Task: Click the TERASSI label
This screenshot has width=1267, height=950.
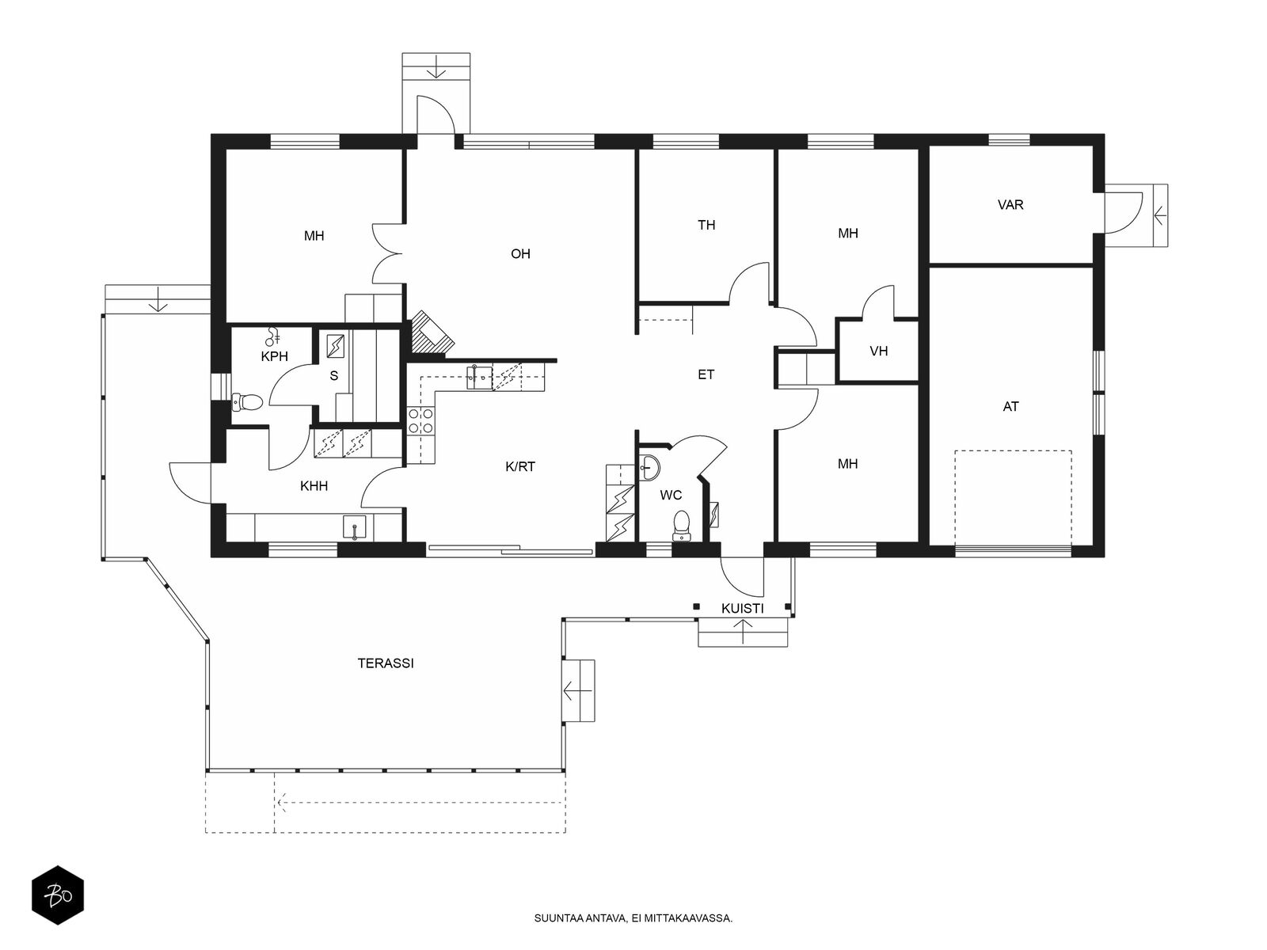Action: point(386,663)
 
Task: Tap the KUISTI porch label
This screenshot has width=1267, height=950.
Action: point(742,609)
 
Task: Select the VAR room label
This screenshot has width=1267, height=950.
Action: point(1010,205)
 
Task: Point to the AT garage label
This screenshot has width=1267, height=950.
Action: point(1010,407)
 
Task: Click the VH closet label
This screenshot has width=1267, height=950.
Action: point(878,351)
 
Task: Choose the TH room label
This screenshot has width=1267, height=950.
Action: point(706,225)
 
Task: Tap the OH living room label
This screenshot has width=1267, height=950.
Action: point(520,254)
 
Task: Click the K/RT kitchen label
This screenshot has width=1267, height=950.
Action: point(520,466)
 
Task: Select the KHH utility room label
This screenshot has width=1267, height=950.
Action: point(314,486)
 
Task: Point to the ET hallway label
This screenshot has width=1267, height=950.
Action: point(706,375)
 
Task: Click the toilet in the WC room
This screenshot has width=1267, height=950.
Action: point(682,525)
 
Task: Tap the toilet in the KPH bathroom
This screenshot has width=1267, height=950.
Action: point(247,402)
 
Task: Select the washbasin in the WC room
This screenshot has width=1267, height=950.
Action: point(650,466)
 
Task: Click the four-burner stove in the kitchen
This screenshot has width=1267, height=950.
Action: point(420,420)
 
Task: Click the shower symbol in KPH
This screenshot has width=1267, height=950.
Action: point(273,336)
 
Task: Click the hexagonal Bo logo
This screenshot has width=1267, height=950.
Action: point(58,895)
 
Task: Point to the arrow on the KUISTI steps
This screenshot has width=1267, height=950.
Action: point(742,632)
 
